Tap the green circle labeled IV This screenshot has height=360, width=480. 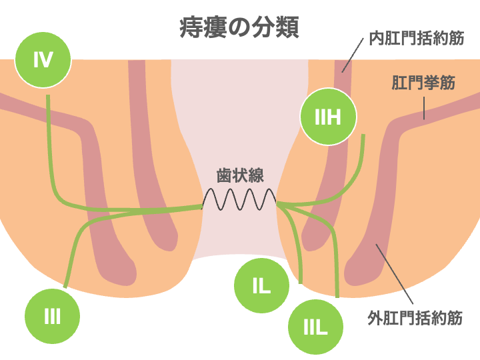pyautogui.click(x=43, y=60)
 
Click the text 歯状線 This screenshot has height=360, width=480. pyautogui.click(x=240, y=176)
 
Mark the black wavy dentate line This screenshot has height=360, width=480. pyautogui.click(x=239, y=199)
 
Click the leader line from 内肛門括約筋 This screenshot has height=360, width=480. pyautogui.click(x=354, y=53)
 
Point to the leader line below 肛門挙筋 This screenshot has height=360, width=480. pyautogui.click(x=424, y=107)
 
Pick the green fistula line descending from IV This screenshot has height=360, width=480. pyautogui.click(x=49, y=147)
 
